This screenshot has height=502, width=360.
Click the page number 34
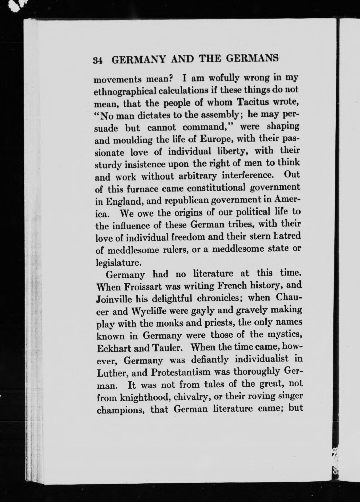tap(98, 60)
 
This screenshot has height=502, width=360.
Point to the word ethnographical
tap(125, 92)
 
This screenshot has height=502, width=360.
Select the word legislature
tap(118, 263)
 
